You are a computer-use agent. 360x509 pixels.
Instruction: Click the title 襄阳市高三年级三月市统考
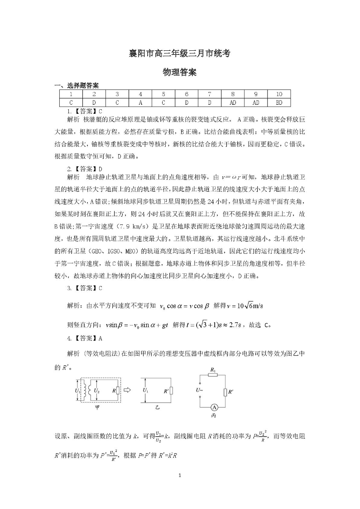(180, 53)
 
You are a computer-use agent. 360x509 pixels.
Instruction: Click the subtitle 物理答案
(180, 73)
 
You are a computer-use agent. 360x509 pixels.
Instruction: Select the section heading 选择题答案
(80, 85)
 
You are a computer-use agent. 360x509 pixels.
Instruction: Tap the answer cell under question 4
(140, 102)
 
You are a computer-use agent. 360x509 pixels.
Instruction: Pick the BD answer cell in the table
(279, 102)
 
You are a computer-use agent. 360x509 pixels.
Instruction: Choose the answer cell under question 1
(71, 102)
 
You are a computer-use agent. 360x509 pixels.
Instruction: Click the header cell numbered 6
(187, 94)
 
